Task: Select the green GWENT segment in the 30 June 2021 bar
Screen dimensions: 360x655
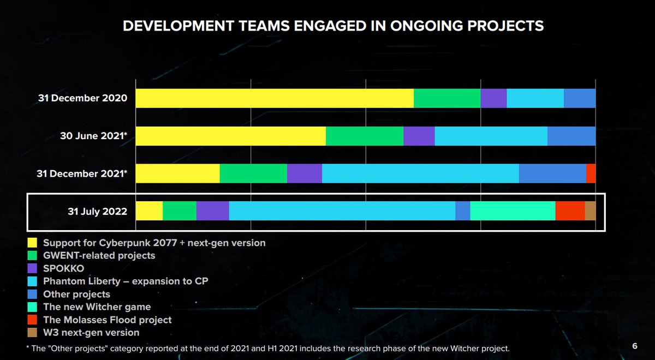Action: point(364,136)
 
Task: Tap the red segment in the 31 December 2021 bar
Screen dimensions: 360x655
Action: point(591,173)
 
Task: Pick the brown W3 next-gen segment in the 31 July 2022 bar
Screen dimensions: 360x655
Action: point(590,211)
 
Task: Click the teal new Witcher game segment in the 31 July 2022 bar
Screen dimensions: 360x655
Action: point(513,211)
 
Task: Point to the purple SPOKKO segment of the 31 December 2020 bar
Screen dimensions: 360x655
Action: point(493,98)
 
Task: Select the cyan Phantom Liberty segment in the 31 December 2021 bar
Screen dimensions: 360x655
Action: point(420,173)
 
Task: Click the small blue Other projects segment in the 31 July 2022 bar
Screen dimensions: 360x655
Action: point(462,211)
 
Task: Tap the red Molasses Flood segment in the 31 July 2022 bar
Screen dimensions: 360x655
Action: point(570,211)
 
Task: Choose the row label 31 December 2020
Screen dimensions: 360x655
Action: point(82,99)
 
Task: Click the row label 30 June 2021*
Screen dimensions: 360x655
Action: point(94,136)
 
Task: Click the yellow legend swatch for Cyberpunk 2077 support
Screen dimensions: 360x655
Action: point(32,243)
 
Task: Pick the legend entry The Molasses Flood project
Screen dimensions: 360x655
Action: point(107,320)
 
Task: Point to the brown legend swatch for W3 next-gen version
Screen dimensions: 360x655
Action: point(32,332)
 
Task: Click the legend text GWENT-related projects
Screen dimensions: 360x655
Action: point(99,255)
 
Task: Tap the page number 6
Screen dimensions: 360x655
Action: point(635,346)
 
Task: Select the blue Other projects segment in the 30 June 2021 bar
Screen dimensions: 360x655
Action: point(571,136)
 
